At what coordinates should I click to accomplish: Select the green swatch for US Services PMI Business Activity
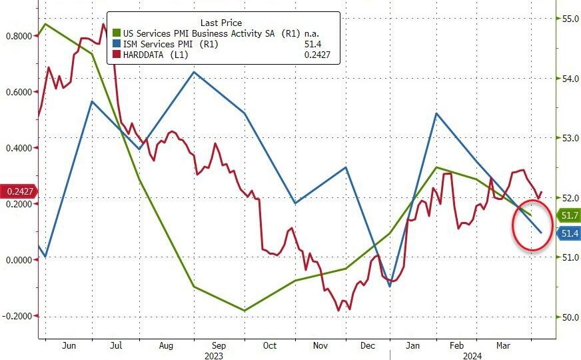point(117,33)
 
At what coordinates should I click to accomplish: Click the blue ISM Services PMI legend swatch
point(117,44)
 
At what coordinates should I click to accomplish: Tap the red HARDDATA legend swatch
point(117,55)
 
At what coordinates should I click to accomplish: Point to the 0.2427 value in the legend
point(318,55)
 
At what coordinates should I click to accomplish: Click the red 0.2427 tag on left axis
point(19,191)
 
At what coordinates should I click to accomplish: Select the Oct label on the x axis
point(269,346)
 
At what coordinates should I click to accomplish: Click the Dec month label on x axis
point(368,346)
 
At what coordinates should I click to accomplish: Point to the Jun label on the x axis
point(68,346)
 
